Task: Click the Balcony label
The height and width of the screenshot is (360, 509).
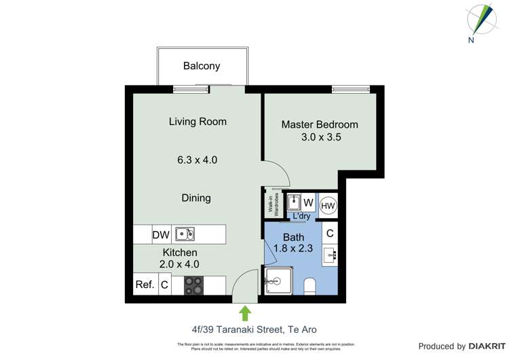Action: click(202, 66)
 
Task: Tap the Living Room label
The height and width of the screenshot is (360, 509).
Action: click(197, 122)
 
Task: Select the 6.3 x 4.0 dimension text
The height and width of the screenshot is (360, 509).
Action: click(197, 160)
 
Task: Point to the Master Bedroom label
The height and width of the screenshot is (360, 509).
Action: click(320, 125)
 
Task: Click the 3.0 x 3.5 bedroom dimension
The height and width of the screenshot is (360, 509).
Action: click(321, 137)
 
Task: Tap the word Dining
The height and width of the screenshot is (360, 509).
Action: click(195, 198)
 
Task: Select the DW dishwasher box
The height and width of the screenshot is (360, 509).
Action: click(161, 235)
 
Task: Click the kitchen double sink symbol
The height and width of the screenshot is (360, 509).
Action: click(185, 235)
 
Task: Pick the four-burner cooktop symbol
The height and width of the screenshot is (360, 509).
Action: click(193, 285)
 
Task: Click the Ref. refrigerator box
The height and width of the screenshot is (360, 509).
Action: click(145, 285)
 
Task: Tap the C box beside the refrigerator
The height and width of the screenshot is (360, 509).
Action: click(164, 285)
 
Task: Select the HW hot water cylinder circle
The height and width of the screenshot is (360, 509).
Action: click(328, 205)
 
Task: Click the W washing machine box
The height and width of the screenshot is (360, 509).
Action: click(308, 203)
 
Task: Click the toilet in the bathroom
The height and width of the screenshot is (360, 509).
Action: click(309, 286)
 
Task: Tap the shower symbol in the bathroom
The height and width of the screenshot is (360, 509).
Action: click(277, 281)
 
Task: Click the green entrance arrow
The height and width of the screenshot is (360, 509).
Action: click(245, 312)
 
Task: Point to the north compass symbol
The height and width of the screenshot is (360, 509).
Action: click(483, 20)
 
